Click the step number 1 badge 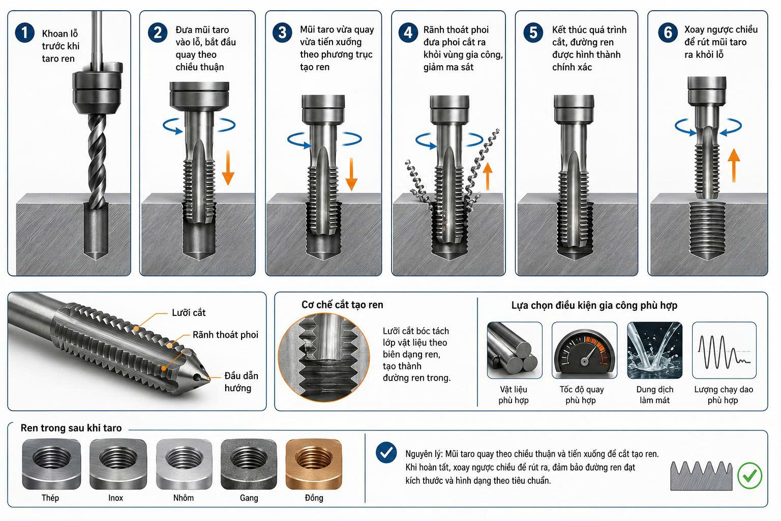24,33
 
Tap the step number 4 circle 408,33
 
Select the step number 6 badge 668,33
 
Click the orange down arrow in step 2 228,168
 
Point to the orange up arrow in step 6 734,165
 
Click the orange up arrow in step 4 488,177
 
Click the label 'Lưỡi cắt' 189,312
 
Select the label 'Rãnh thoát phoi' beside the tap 225,335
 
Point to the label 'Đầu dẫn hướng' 241,382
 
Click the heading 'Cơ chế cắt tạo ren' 342,305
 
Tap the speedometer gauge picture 584,350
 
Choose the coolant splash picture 654,350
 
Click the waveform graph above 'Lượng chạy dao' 724,350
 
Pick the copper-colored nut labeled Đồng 314,464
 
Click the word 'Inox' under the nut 115,498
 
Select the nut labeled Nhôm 184,464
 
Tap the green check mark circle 749,475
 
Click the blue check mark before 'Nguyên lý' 386,453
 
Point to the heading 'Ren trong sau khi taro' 71,428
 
